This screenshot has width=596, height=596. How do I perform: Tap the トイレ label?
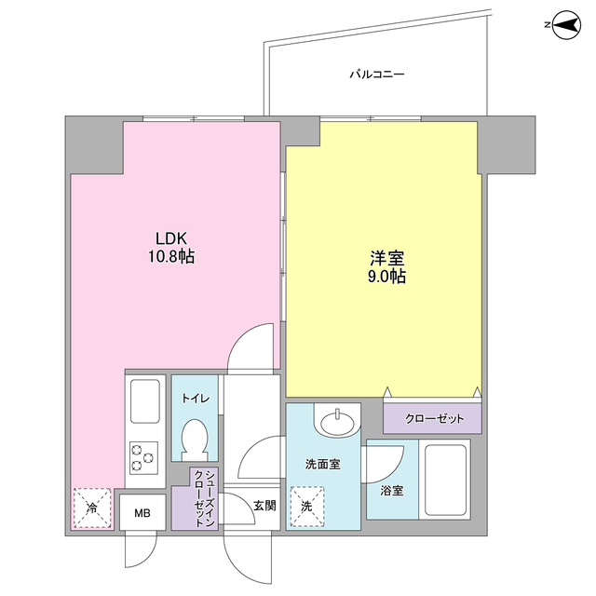(196, 399)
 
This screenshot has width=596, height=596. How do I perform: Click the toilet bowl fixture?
(196, 438)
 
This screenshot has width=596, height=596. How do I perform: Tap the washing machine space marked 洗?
(307, 507)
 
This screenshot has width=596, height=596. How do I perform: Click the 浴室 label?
(392, 491)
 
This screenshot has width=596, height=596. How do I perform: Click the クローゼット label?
(433, 419)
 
